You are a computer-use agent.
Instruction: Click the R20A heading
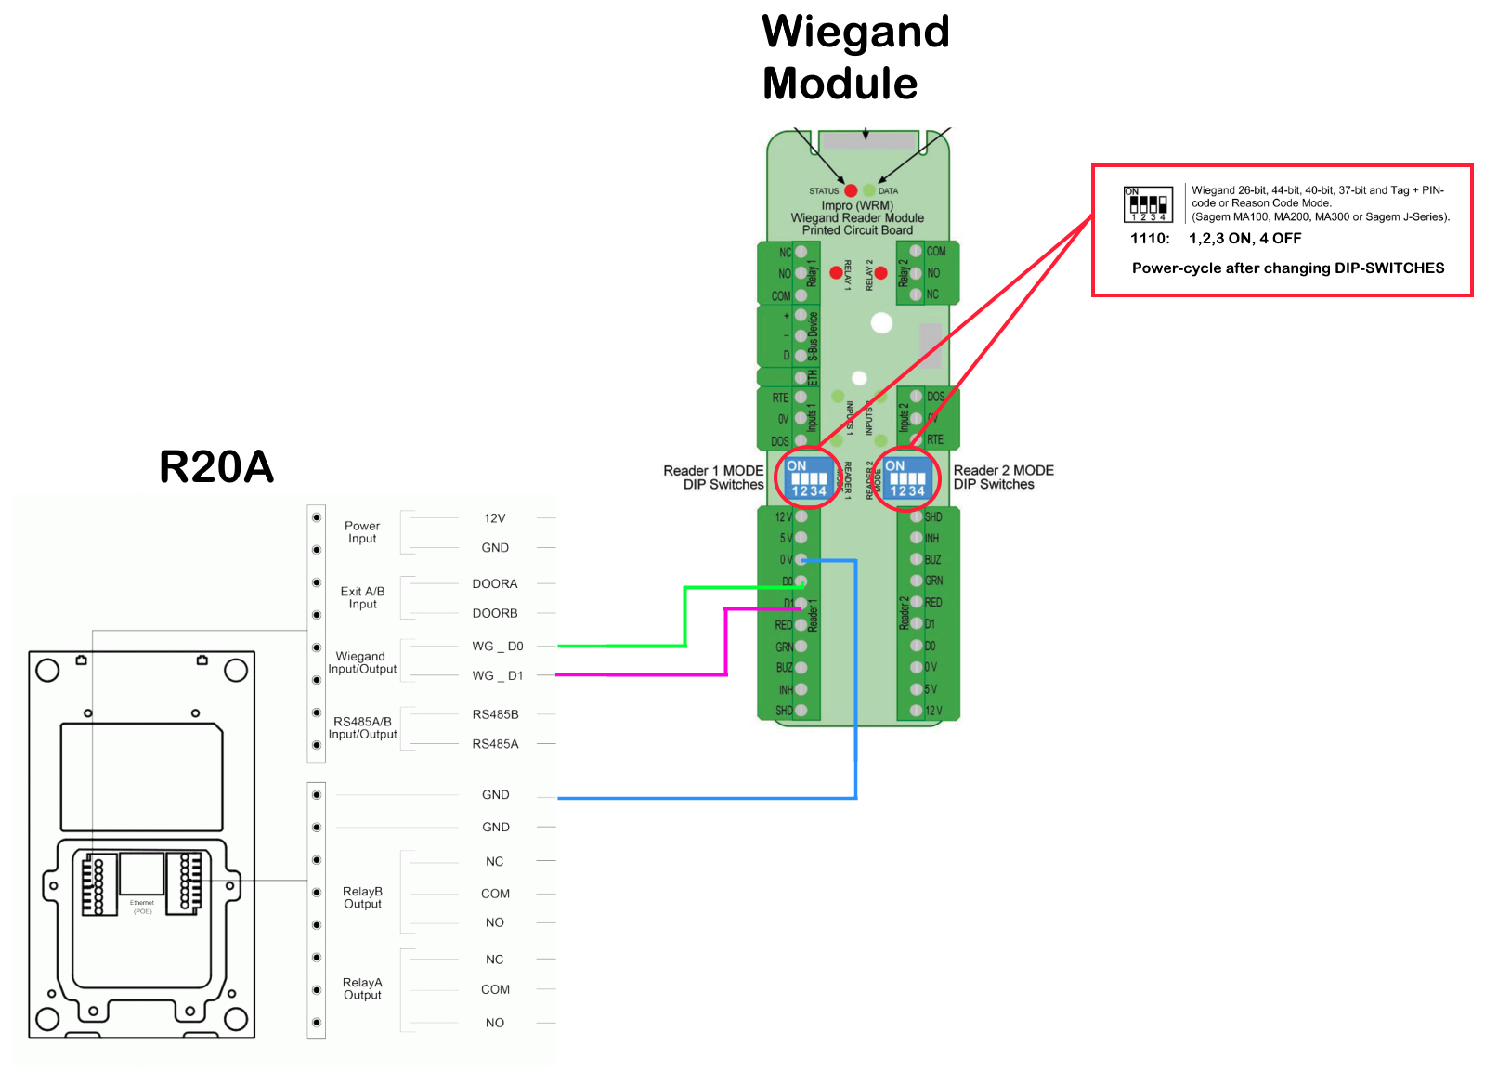click(x=216, y=466)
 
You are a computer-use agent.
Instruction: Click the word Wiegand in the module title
click(x=855, y=33)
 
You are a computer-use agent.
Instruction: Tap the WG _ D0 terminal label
click(x=497, y=647)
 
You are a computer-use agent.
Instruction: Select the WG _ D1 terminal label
click(x=497, y=676)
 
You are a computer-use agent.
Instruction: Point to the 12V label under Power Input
click(x=494, y=518)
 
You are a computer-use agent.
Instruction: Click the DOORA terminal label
click(x=494, y=584)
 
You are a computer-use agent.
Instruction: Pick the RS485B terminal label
click(x=495, y=714)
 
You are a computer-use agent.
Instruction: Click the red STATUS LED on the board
click(x=851, y=190)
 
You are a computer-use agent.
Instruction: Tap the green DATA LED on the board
click(x=869, y=190)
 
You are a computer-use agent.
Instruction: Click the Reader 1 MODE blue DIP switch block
click(x=808, y=478)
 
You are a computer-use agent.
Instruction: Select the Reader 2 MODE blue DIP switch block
click(x=906, y=478)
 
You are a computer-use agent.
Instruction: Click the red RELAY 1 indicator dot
click(x=836, y=273)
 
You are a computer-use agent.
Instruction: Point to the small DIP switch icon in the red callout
click(x=1148, y=204)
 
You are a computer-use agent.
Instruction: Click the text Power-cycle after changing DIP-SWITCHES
click(x=1287, y=268)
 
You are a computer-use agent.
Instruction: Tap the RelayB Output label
click(x=362, y=897)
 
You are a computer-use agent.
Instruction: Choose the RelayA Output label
click(x=362, y=988)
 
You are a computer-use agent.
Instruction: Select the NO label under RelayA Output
click(x=494, y=1023)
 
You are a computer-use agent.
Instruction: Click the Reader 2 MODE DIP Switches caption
click(x=1003, y=477)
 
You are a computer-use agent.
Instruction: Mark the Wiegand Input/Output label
click(x=362, y=662)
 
